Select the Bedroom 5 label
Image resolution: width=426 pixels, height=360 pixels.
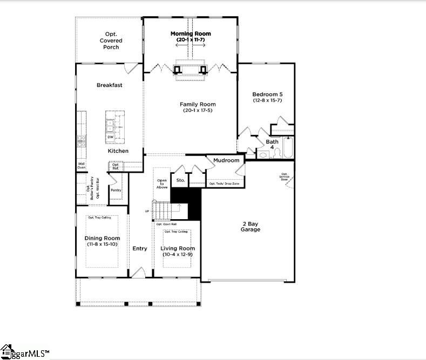[x=267, y=94]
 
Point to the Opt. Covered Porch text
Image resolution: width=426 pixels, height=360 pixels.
[x=111, y=40]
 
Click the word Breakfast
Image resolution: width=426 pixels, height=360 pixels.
[x=110, y=85]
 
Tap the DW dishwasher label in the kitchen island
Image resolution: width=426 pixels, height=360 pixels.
[x=110, y=137]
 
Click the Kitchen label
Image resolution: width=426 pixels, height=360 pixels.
[x=118, y=151]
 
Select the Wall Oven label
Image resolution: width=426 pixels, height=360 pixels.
[x=82, y=165]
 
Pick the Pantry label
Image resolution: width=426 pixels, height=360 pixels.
[x=116, y=190]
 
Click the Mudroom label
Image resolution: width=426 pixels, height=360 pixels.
[x=226, y=160]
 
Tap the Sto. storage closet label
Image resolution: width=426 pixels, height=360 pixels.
[x=180, y=180]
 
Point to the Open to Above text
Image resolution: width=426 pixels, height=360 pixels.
[x=162, y=184]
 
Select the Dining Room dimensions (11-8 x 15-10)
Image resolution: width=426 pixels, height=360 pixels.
[x=103, y=244]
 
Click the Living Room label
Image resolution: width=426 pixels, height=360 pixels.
[x=178, y=248]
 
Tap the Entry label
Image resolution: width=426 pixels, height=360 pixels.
[x=140, y=248]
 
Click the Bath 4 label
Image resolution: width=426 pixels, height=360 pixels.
[x=272, y=144]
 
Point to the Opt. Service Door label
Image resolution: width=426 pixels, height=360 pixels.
[x=284, y=177]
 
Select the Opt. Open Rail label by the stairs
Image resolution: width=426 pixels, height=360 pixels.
[x=167, y=224]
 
